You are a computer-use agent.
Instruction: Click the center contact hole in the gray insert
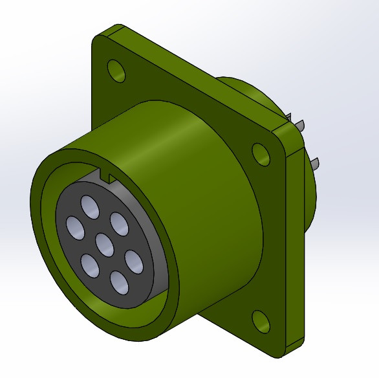pyautogui.click(x=105, y=244)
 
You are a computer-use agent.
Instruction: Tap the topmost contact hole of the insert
pyautogui.click(x=90, y=207)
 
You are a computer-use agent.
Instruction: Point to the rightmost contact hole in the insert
pyautogui.click(x=133, y=261)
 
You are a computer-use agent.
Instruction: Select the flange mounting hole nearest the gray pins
pyautogui.click(x=261, y=154)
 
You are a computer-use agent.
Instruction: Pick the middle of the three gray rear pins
pyautogui.click(x=301, y=124)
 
